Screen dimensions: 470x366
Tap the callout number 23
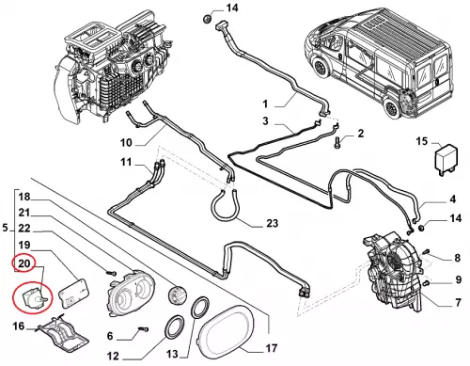[272, 223]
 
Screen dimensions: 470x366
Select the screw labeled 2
[337, 142]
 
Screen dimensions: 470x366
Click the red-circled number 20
[23, 263]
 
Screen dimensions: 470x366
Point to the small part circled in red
[34, 298]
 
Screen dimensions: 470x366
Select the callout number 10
[126, 143]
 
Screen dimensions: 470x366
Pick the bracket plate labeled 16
[63, 331]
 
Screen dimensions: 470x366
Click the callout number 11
[126, 163]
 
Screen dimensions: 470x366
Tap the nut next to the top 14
[207, 19]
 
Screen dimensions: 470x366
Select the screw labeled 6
[143, 329]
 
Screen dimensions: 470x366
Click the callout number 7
[458, 302]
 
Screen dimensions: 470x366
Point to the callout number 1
[265, 103]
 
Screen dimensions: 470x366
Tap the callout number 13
[172, 354]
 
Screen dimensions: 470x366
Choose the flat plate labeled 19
[73, 293]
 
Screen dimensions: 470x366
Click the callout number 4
[452, 199]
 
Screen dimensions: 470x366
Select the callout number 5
[5, 228]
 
